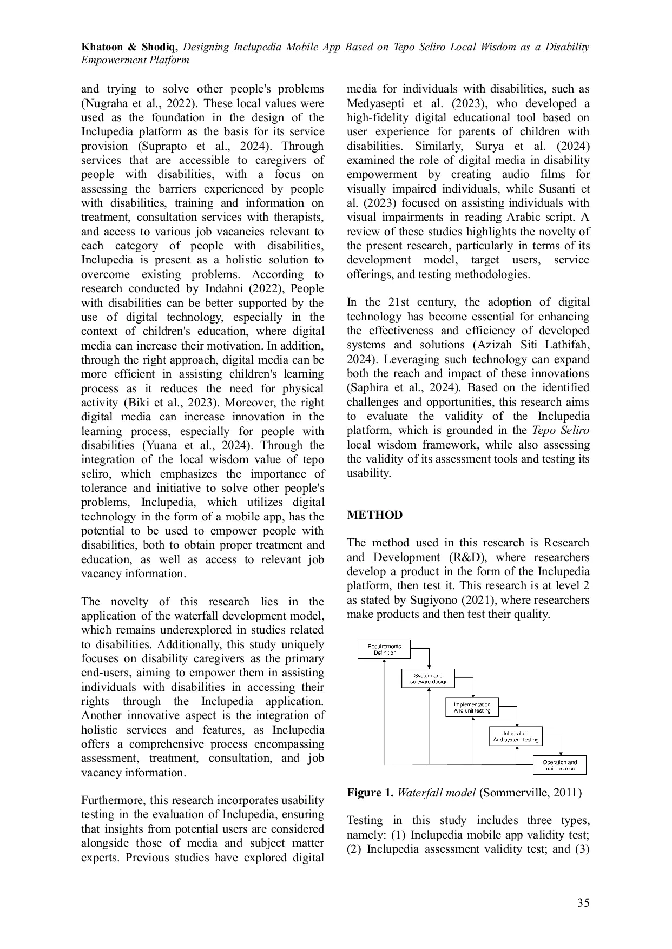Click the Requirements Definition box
pos(384,649)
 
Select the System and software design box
pos(428,678)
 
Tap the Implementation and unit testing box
pos(472,707)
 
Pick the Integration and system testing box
pos(516,736)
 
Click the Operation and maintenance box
pos(559,765)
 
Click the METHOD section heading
pos(374,515)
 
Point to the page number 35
pos(583,902)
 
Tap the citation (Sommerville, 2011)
pos(530,793)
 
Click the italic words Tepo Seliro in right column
pos(561,431)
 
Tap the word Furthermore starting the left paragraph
pos(113,800)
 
